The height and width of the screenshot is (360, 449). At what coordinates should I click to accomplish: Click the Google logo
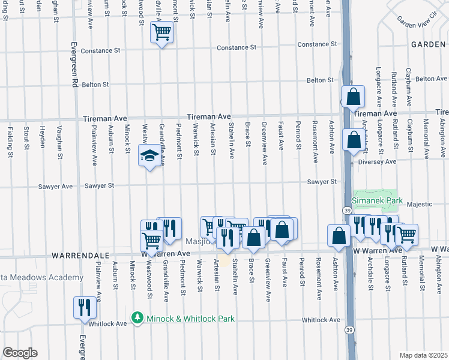pyautogui.click(x=20, y=353)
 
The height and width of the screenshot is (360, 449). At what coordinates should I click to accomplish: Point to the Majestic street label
pyautogui.click(x=419, y=205)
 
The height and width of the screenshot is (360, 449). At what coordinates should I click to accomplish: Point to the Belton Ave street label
pyautogui.click(x=432, y=79)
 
